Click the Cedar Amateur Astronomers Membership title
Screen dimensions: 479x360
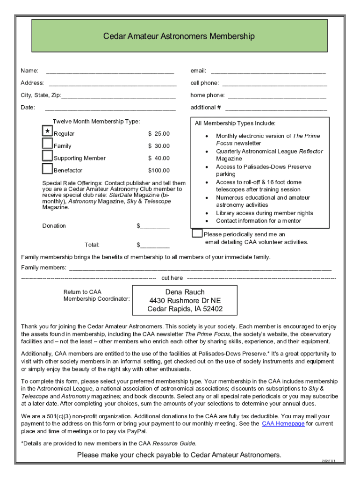(180, 36)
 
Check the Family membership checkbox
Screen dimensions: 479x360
(48, 144)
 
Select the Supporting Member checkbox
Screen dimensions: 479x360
(48, 156)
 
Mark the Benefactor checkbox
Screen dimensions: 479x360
(48, 168)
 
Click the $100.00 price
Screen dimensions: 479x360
(159, 170)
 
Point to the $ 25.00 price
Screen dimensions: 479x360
(159, 134)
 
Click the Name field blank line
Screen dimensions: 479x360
(110, 72)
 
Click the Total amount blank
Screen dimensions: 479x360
(154, 246)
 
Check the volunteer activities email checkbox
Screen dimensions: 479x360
(197, 233)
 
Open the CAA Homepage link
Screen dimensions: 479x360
(283, 423)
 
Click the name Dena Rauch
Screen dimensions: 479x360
(185, 292)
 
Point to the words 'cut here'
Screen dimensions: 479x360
(172, 278)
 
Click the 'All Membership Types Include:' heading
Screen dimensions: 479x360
(235, 123)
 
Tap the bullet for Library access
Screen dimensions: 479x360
(207, 213)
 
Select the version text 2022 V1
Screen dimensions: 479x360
(328, 461)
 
